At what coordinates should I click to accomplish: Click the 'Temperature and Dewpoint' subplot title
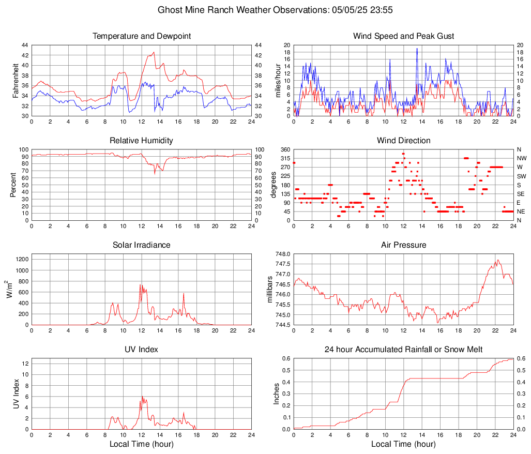point(142,36)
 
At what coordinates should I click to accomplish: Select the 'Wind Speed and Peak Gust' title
point(403,36)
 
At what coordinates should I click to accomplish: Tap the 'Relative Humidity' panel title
point(142,141)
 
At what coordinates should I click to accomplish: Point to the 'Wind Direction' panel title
point(403,141)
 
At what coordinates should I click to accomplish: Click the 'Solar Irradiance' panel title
point(142,245)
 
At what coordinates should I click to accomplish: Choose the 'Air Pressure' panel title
point(403,245)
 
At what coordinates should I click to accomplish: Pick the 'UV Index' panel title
point(142,350)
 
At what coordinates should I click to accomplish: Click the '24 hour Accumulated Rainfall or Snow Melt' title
point(403,350)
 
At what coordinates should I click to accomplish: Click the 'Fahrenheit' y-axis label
point(16,81)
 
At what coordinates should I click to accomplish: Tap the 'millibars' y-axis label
point(270,289)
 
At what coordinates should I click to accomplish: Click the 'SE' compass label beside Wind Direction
point(522,194)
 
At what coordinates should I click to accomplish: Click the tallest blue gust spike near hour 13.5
point(417,49)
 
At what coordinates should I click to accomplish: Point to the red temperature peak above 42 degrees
point(154,52)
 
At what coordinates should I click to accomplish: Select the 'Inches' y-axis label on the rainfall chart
point(277,394)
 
